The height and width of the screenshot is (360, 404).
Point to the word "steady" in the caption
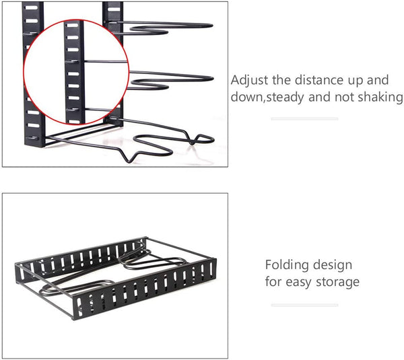pos(285,98)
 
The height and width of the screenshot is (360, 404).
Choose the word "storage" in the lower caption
pos(337,282)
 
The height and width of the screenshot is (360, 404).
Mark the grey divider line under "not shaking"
pos(304,118)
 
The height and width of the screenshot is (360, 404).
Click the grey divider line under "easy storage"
pos(304,305)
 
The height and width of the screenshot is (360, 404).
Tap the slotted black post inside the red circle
pos(75,71)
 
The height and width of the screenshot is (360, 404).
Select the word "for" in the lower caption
pos(273,281)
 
